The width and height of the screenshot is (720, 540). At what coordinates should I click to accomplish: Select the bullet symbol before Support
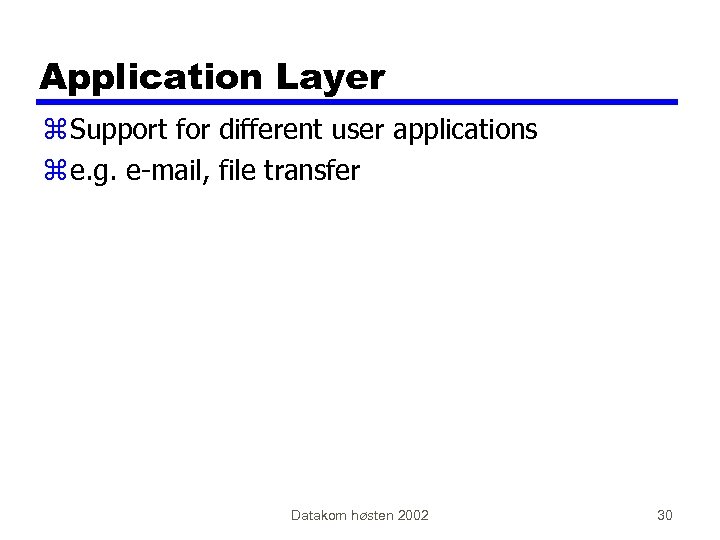[x=53, y=131]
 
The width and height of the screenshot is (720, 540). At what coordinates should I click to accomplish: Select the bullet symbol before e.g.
[x=53, y=172]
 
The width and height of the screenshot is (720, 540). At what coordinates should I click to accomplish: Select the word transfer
[x=313, y=171]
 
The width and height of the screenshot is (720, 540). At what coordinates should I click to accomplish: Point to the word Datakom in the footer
[x=317, y=515]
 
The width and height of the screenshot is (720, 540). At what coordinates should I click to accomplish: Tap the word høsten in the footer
[x=370, y=515]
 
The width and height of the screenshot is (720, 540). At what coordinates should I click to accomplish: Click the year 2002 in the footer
[x=413, y=515]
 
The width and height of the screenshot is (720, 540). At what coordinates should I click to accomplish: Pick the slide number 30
[x=665, y=515]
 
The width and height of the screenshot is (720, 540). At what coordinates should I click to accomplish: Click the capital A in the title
[x=52, y=77]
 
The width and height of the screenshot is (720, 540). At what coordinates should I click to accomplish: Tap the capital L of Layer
[x=299, y=77]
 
